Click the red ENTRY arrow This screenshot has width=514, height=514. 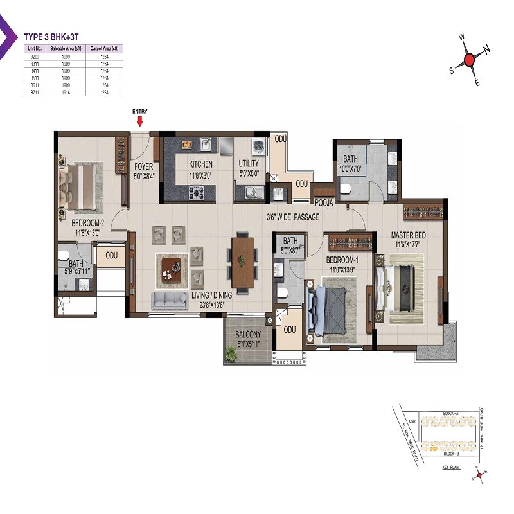point(139,121)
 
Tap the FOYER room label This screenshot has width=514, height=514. point(143,166)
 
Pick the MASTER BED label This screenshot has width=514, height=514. point(408,236)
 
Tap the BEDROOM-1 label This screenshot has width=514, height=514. point(342,260)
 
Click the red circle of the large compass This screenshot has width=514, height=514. point(469,60)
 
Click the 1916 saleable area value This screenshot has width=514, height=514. point(64,93)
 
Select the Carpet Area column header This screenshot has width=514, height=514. point(104,48)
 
